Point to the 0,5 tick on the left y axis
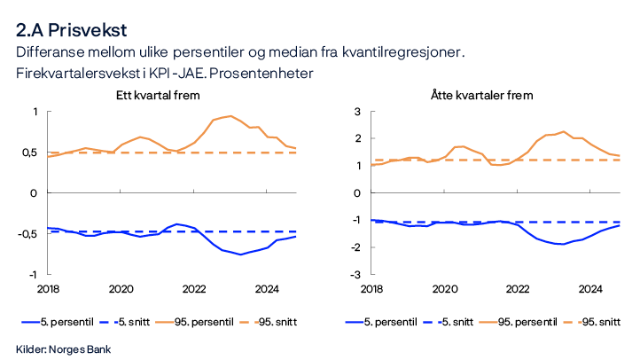tap(28, 153)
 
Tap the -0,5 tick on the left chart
tap(27, 234)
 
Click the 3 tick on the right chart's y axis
tap(348, 112)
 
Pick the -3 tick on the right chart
tap(347, 275)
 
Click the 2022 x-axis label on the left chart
tap(195, 289)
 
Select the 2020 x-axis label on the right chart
tap(445, 289)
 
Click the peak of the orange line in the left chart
tap(230, 116)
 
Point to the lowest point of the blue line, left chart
tap(239, 254)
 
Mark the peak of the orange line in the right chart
tap(564, 131)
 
